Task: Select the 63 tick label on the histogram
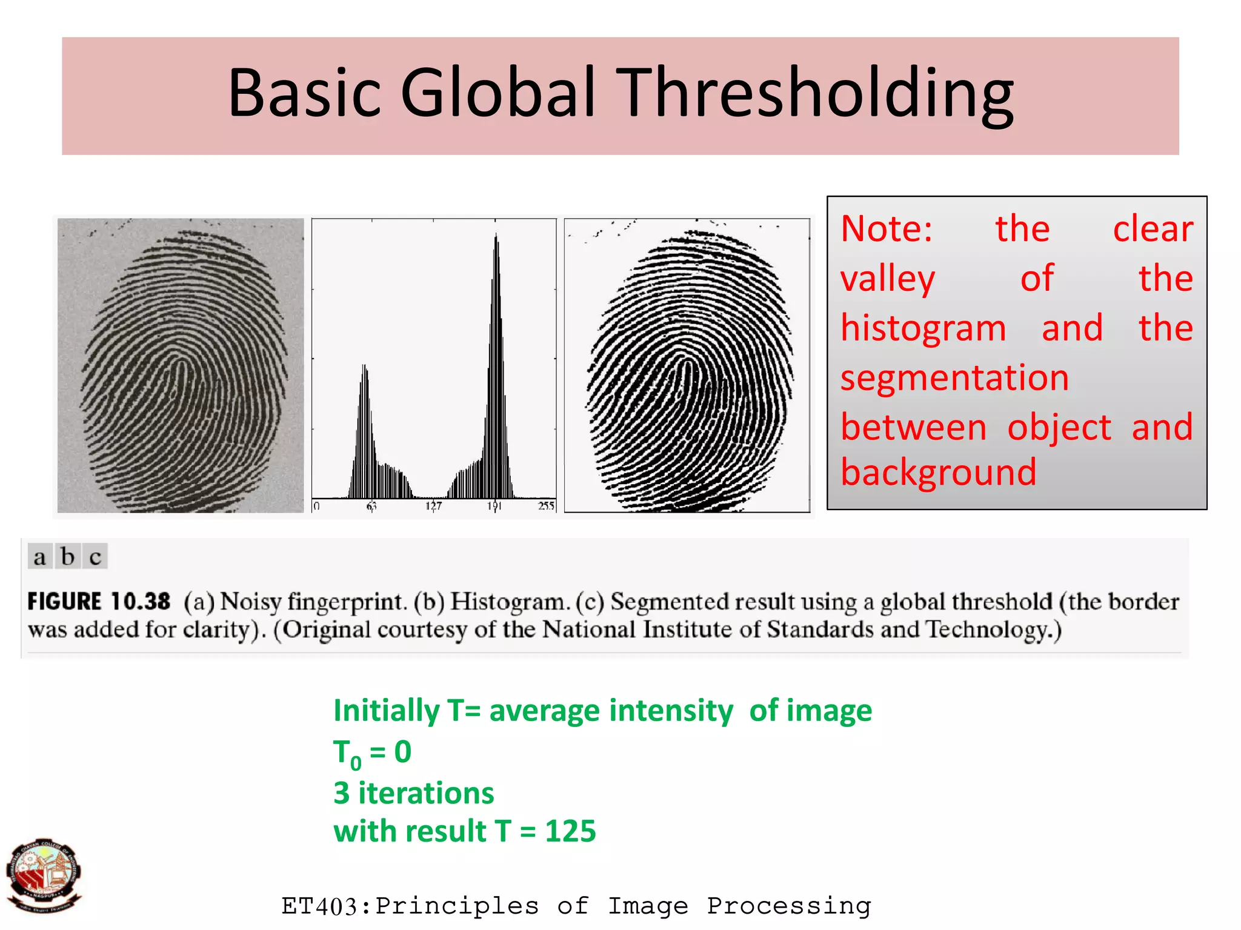pos(371,505)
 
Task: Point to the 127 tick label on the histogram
pos(433,505)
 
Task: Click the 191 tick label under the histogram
pos(494,505)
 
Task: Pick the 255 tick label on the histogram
pos(546,505)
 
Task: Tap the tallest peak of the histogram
pos(496,239)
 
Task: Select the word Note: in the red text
pos(887,229)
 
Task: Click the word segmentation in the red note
pos(954,378)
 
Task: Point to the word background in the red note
pos(939,472)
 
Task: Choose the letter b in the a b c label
pos(68,556)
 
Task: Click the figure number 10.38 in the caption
pos(141,602)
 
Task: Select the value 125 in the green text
pos(570,831)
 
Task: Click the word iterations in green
pos(426,793)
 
